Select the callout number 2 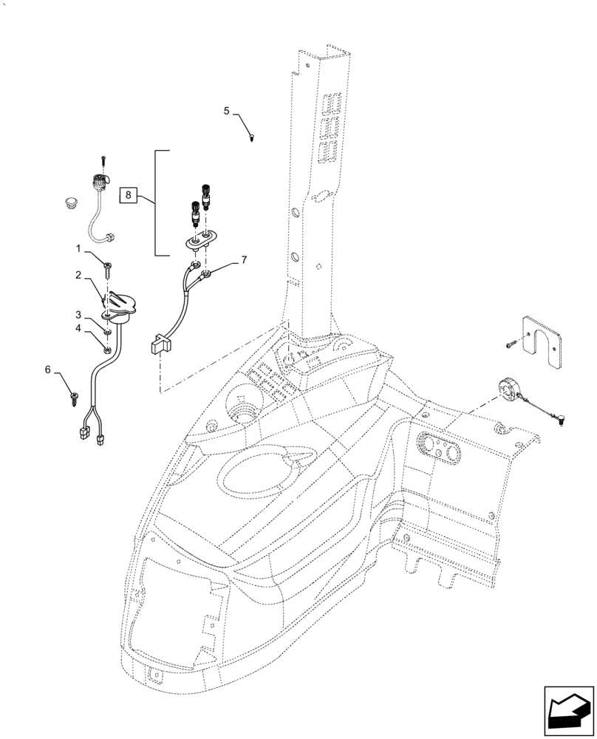tap(78, 275)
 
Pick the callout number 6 tap(49, 369)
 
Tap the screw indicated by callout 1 tap(108, 267)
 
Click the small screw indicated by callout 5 tap(252, 137)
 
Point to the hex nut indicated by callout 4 tap(108, 349)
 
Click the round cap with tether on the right tap(508, 389)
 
